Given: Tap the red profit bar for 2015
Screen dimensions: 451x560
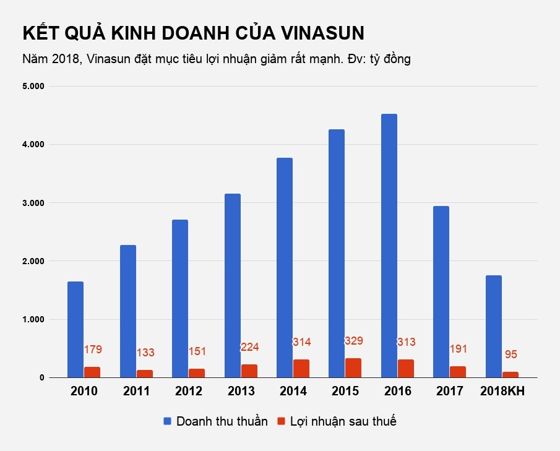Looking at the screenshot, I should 353,367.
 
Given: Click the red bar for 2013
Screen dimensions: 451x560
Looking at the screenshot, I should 249,371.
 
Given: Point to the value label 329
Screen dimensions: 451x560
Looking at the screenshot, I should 353,341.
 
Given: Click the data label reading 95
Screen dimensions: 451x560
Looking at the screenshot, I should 510,354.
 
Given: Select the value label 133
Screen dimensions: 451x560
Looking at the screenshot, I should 145,353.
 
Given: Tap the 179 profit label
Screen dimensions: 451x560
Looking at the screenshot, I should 92,350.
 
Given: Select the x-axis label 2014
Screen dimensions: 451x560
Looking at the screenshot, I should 293,392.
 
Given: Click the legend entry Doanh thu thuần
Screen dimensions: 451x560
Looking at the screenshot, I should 222,421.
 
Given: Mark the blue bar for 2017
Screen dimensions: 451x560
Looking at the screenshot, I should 441,291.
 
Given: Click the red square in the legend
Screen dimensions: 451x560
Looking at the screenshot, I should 280,421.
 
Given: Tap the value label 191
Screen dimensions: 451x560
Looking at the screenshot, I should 458,349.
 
